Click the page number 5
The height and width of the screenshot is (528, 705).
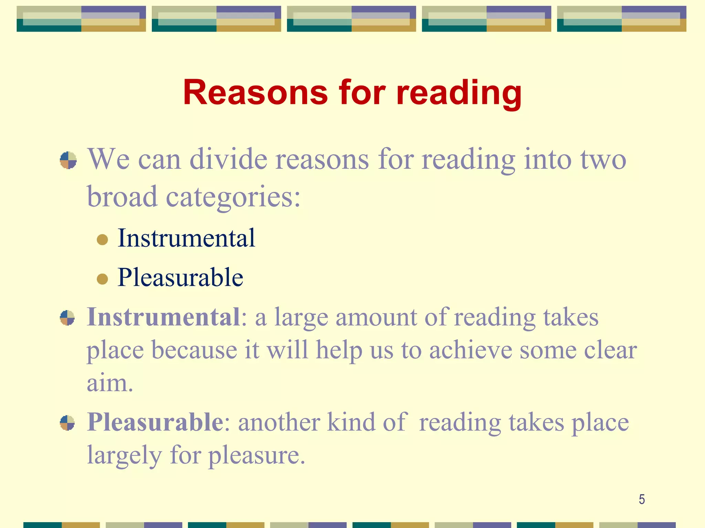[642, 499]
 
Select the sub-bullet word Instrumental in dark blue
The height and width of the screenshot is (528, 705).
[186, 238]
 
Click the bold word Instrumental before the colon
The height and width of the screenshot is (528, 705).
[164, 317]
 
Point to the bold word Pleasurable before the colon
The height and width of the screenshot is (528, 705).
[155, 422]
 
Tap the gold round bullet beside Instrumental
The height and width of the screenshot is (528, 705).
[102, 239]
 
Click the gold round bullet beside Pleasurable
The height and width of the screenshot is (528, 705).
[102, 279]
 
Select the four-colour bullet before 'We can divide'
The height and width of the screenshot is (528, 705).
[68, 160]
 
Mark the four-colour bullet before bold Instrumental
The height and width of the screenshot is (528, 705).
[67, 318]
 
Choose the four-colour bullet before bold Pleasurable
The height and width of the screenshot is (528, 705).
[67, 423]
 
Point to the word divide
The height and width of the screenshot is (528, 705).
[228, 159]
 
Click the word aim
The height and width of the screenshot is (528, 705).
[109, 383]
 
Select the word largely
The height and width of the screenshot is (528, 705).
[124, 455]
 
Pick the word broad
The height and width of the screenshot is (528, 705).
[122, 197]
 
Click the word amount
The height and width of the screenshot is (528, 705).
[376, 317]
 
